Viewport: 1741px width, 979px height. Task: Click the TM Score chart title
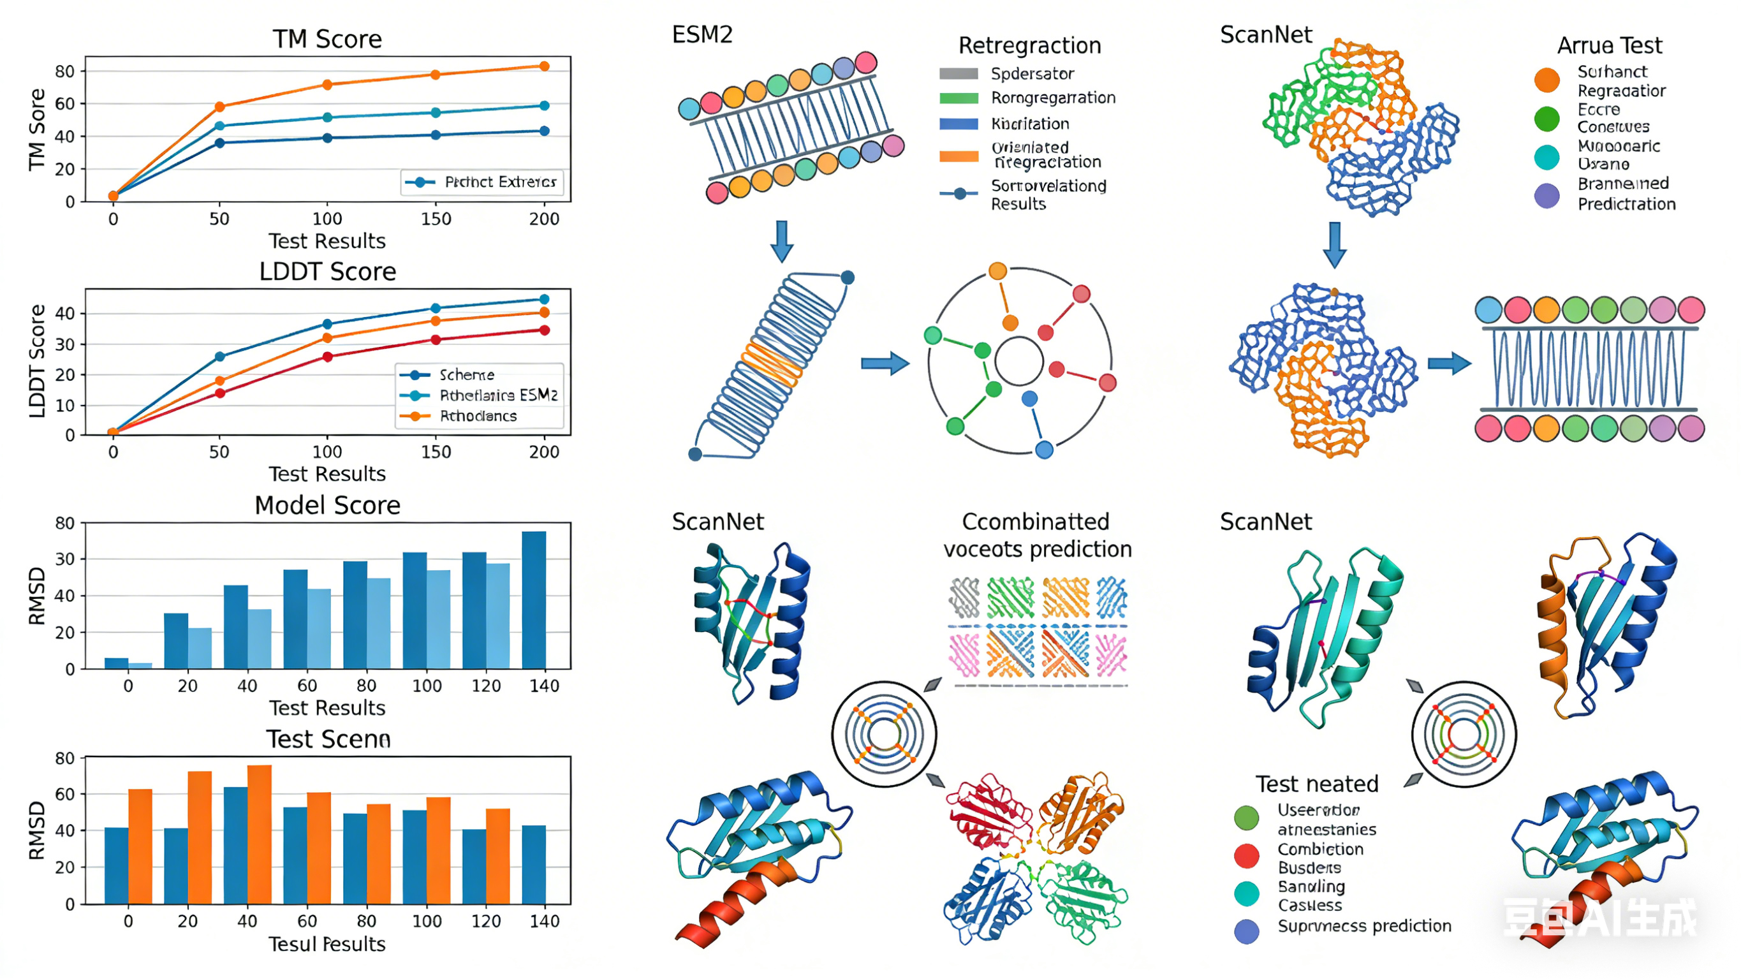[327, 39]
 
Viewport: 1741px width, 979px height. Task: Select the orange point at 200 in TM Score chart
[545, 66]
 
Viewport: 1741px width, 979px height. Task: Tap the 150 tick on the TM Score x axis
[436, 219]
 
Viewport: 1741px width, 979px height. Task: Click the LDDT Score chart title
[327, 272]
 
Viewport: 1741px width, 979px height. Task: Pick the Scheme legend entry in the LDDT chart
[466, 374]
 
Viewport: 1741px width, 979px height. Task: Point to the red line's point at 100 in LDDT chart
[328, 357]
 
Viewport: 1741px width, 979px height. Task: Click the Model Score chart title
[327, 506]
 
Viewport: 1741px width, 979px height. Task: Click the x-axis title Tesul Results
[327, 944]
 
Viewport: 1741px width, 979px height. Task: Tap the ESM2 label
[702, 34]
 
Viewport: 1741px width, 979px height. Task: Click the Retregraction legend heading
[1029, 45]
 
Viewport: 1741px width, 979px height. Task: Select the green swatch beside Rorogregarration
[959, 98]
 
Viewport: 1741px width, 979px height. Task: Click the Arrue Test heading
[1609, 45]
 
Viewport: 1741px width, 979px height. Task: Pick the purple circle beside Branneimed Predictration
[1547, 196]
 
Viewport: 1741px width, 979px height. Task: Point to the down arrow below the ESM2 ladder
[782, 240]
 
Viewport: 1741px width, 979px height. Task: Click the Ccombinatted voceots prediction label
[1037, 536]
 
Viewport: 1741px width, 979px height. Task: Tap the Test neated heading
[1316, 784]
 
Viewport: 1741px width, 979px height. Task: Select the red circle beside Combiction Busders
[1246, 856]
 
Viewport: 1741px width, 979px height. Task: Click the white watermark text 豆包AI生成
[1599, 918]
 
